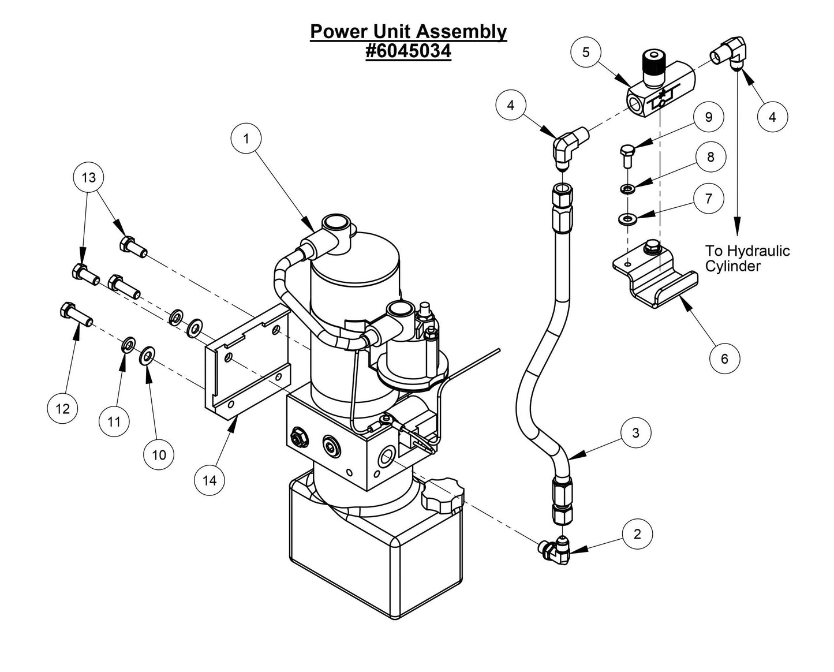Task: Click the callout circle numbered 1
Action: pos(245,139)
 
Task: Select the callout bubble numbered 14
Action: pos(210,480)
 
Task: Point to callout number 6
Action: pos(724,359)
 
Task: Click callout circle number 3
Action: pos(635,432)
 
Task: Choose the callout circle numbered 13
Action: pos(88,177)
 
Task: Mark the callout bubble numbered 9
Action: pos(708,117)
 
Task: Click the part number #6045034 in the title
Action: pos(408,51)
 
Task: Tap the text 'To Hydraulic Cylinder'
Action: pos(747,258)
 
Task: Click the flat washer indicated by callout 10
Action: pos(148,353)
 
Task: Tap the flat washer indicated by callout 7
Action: pos(626,219)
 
